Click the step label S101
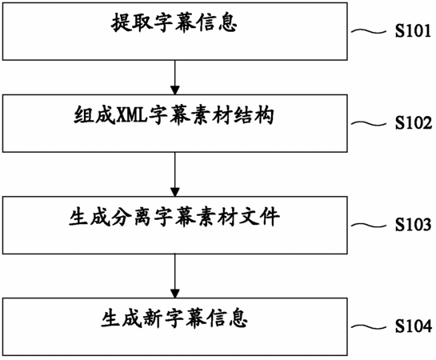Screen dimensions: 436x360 [413, 31]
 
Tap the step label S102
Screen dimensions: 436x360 [414, 123]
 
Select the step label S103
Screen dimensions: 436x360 [414, 225]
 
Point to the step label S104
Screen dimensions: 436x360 [414, 326]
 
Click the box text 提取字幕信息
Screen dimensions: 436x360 [174, 22]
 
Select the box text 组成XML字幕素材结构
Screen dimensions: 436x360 [174, 115]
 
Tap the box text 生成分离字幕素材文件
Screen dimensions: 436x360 [174, 217]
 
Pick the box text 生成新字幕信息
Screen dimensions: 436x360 [174, 318]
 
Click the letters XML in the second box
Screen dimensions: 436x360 [131, 115]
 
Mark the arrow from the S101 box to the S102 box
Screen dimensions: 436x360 [175, 78]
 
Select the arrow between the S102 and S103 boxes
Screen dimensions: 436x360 [175, 174]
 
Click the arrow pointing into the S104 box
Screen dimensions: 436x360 [175, 276]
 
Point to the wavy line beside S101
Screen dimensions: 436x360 [369, 31]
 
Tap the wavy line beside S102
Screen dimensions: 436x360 [369, 123]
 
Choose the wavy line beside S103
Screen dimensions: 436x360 [369, 225]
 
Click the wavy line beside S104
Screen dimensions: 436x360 [369, 326]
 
